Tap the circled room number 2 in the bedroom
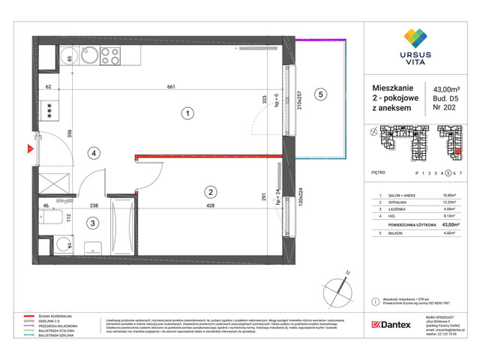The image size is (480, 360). click(211, 191)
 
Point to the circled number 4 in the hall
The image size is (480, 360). click(93, 154)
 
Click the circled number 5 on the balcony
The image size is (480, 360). click(320, 94)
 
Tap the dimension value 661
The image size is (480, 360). click(171, 88)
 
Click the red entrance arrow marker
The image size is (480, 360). click(29, 148)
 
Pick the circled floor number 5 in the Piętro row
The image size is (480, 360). click(448, 172)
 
